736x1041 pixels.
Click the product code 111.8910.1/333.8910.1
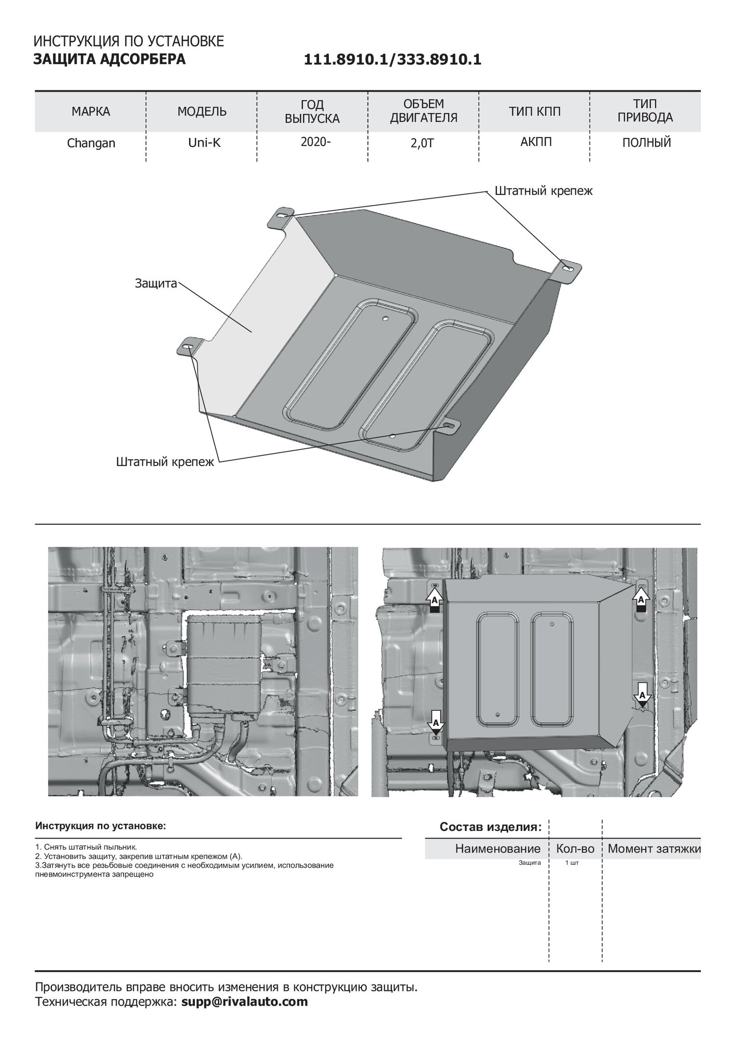coord(393,60)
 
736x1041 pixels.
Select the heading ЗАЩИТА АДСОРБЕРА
coord(109,59)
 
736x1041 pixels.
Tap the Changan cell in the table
coord(91,143)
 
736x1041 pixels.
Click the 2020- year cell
coord(315,142)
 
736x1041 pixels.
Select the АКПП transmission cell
coord(536,142)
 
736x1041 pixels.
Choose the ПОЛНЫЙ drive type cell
coord(647,143)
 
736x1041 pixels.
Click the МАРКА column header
coord(91,111)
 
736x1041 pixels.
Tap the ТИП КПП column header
coord(534,111)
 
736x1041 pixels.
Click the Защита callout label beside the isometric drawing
coord(156,284)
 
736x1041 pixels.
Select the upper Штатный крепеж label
coord(544,190)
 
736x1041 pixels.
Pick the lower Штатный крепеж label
coord(165,462)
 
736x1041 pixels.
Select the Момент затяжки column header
coord(655,862)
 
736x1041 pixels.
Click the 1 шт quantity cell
coord(572,877)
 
